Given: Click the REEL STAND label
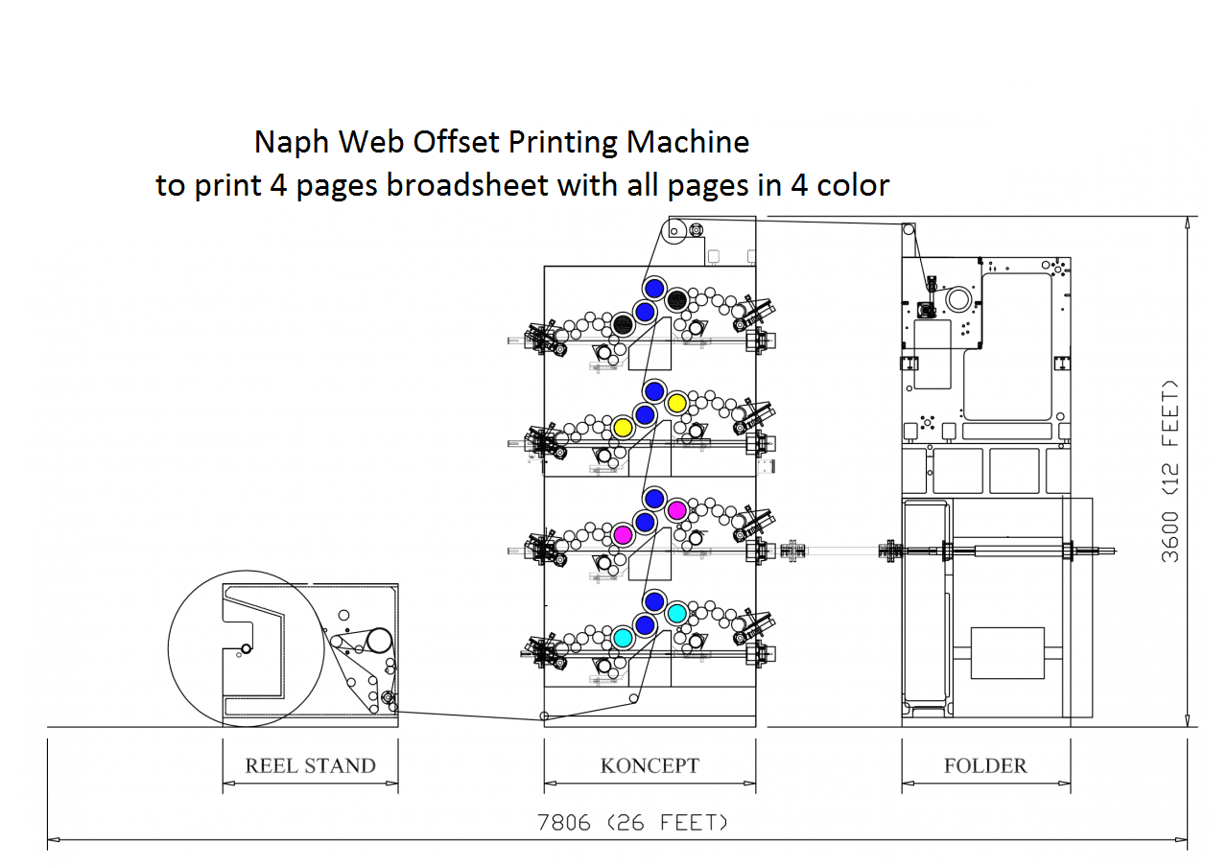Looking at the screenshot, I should coord(310,765).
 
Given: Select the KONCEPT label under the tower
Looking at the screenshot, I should coord(649,765).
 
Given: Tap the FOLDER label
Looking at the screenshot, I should coord(985,765).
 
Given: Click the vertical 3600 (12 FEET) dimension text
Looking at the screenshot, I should coord(1171,471).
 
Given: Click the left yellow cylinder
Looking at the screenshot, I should coord(622,427).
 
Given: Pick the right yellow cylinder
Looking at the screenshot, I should coord(676,403).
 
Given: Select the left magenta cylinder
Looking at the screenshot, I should coord(622,534).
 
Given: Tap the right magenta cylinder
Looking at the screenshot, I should coord(676,510).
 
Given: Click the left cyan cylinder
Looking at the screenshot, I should coord(622,637).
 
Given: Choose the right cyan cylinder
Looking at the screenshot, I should coord(676,613).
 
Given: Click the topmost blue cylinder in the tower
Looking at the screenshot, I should coord(654,288).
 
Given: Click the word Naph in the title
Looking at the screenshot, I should coord(282,143).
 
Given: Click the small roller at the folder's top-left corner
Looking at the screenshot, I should coord(908,230).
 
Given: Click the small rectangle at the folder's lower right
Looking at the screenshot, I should coord(1006,652).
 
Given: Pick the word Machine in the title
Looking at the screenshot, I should coord(688,143).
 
